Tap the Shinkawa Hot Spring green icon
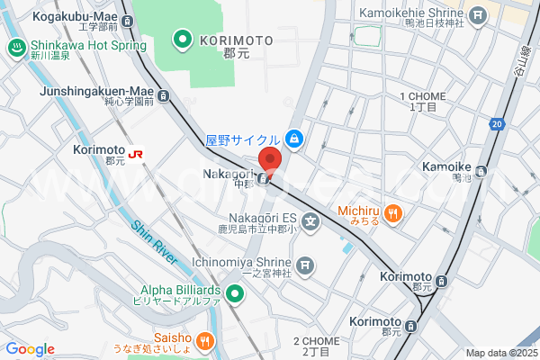tap(15, 49)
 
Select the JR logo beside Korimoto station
tap(136, 154)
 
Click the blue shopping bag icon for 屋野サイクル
tap(293, 139)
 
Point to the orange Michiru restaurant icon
tap(392, 214)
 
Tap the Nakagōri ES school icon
tap(310, 220)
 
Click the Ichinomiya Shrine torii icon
tap(306, 265)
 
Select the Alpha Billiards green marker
tap(235, 293)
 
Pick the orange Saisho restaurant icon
tap(205, 340)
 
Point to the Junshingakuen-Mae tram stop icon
tap(163, 94)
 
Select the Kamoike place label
tap(447, 167)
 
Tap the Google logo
tap(30, 348)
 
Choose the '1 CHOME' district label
tap(423, 96)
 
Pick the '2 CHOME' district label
tap(316, 341)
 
